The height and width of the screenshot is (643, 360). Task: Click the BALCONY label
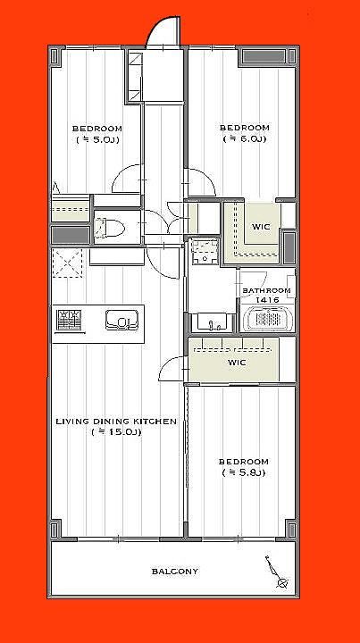click(175, 571)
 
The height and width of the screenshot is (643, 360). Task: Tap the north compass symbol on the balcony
click(278, 572)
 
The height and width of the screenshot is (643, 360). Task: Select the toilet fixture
click(109, 228)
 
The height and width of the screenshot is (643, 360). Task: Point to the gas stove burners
click(70, 321)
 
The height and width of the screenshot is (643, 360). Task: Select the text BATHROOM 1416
click(267, 295)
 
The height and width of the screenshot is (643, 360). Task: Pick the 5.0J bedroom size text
click(97, 140)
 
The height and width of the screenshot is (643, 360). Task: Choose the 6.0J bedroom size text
click(245, 139)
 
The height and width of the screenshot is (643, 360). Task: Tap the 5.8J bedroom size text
click(244, 472)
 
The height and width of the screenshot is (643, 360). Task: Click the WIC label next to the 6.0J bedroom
click(261, 226)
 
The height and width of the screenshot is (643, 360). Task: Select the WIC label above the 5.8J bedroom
click(237, 363)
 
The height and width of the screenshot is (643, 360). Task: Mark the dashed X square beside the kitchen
click(67, 263)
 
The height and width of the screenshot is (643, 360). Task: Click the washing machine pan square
click(205, 252)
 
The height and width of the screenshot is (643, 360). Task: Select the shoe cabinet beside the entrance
click(135, 76)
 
